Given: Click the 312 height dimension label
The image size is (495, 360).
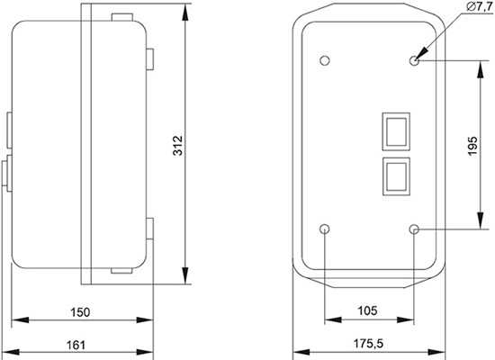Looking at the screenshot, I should click(x=177, y=147).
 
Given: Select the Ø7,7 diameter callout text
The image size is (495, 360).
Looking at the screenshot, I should click(x=475, y=7).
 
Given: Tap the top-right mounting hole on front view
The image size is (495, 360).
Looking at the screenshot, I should click(x=414, y=61).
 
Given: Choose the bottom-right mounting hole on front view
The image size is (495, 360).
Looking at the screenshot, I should click(x=414, y=230).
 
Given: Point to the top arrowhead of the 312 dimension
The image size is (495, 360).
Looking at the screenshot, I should click(x=185, y=13).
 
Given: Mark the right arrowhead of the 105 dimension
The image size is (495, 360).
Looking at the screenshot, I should click(x=409, y=321).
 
